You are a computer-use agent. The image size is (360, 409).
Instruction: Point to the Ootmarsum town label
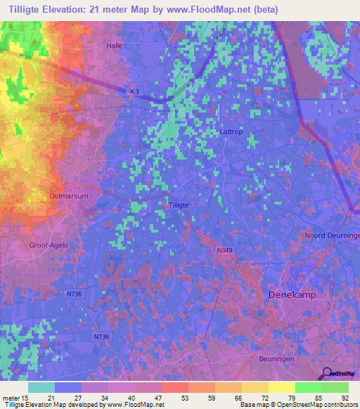tap(69, 197)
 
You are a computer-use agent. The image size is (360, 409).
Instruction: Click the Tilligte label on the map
tap(179, 204)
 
